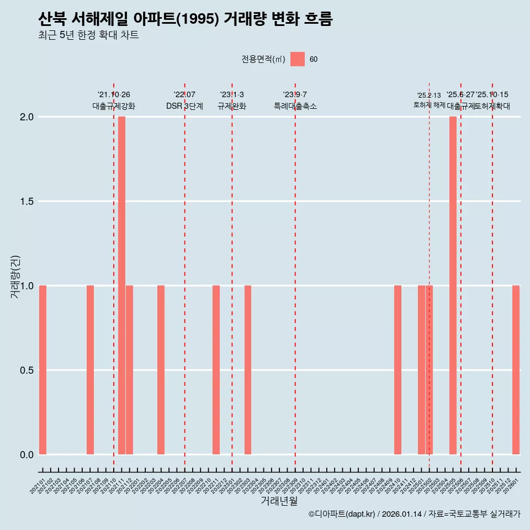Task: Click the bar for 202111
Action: click(121, 285)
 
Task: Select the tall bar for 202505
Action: click(453, 285)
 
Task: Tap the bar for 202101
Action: click(43, 370)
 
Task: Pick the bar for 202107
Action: click(90, 370)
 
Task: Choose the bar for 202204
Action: click(161, 370)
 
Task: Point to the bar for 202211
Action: click(216, 370)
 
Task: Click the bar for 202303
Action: click(248, 370)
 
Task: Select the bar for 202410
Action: click(397, 370)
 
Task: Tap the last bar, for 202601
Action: click(516, 370)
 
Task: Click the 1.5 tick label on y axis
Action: click(26, 202)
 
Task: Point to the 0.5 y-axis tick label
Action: click(26, 370)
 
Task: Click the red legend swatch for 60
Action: click(298, 59)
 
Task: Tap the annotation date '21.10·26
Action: click(114, 95)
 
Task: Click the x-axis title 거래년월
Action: click(279, 501)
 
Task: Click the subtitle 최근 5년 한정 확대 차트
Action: click(88, 36)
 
